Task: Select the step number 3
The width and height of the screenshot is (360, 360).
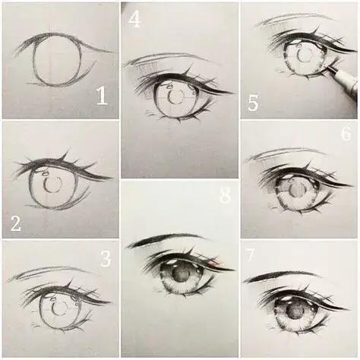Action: pyautogui.click(x=106, y=259)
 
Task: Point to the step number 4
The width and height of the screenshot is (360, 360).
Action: pyautogui.click(x=134, y=19)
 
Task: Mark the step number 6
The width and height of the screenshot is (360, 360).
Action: pyautogui.click(x=345, y=134)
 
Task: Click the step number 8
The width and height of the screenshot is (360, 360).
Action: pyautogui.click(x=225, y=195)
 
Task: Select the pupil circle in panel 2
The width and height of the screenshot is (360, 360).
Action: pyautogui.click(x=53, y=185)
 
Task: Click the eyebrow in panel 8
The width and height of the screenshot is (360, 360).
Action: pyautogui.click(x=163, y=240)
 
